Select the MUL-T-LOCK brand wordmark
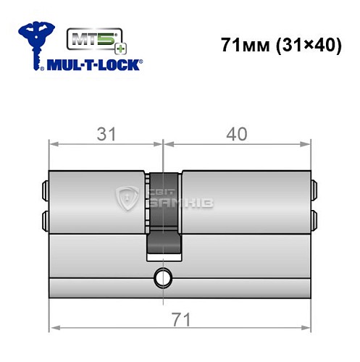click(94, 65)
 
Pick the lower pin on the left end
click(46, 218)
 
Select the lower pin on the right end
click(314, 218)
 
